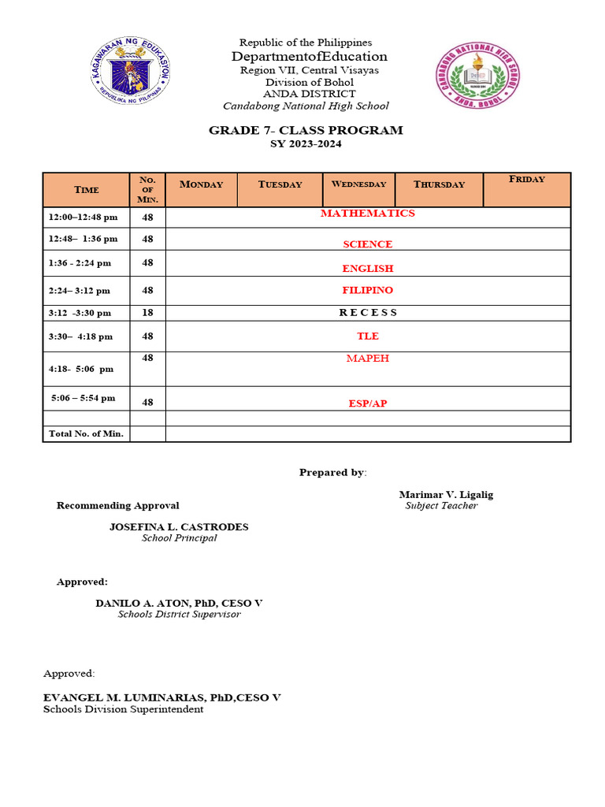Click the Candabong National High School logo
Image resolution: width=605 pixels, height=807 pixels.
[x=477, y=76]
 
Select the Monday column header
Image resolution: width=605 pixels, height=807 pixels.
[x=202, y=184]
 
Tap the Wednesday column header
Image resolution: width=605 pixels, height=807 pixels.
[x=358, y=184]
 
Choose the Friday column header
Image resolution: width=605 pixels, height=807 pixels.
[x=527, y=180]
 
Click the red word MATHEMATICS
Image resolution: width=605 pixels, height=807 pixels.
[x=367, y=214]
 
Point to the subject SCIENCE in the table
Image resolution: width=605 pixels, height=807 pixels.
[x=367, y=244]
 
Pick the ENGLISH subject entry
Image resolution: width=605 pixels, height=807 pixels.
[x=367, y=269]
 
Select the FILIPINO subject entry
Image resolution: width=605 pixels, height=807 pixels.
[x=367, y=291]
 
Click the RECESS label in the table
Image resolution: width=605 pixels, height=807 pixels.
[x=368, y=313]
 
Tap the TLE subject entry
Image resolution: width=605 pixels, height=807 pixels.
[x=367, y=337]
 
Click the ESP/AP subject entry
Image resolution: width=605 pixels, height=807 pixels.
[x=368, y=404]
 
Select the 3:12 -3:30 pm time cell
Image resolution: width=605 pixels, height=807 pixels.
[x=82, y=313]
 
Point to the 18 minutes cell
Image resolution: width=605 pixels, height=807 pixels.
[x=147, y=313]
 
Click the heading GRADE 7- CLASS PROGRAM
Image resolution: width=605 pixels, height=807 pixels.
[x=306, y=130]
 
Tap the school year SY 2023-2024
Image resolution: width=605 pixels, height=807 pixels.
[x=306, y=144]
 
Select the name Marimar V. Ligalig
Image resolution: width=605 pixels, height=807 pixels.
[x=446, y=495]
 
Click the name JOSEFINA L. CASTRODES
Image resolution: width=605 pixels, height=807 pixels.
[x=179, y=527]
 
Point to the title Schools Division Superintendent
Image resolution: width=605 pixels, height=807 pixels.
[x=123, y=709]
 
